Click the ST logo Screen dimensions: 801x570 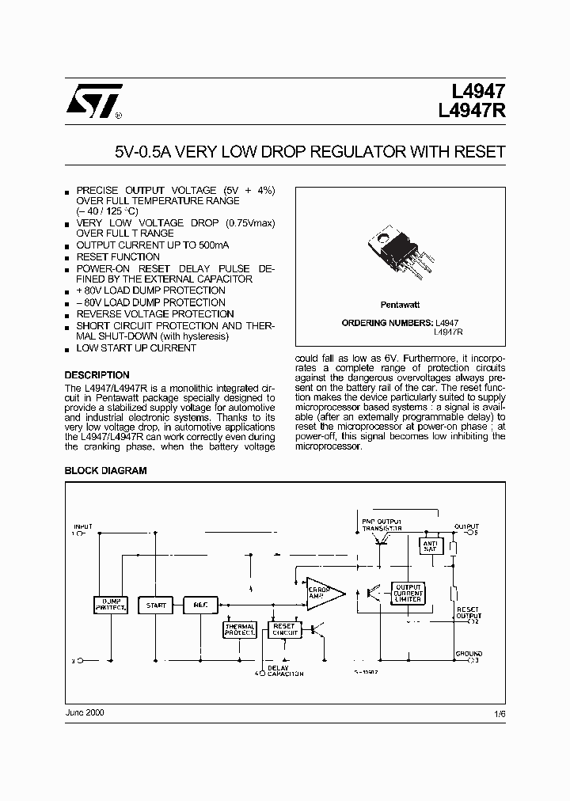click(93, 102)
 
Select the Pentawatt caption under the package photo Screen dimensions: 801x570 click(399, 303)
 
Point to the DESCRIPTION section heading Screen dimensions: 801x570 click(97, 375)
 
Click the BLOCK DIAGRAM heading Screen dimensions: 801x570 click(105, 470)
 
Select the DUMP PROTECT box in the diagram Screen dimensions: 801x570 click(110, 605)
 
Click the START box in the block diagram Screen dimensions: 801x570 click(157, 605)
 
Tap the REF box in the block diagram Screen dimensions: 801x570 click(199, 605)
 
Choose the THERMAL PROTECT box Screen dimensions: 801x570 click(240, 630)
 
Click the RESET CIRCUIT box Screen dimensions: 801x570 click(284, 630)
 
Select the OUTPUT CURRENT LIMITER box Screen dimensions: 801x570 click(408, 594)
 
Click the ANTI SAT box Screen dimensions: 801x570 click(431, 546)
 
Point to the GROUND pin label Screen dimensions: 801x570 click(468, 654)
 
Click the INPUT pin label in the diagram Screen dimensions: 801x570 click(83, 526)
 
